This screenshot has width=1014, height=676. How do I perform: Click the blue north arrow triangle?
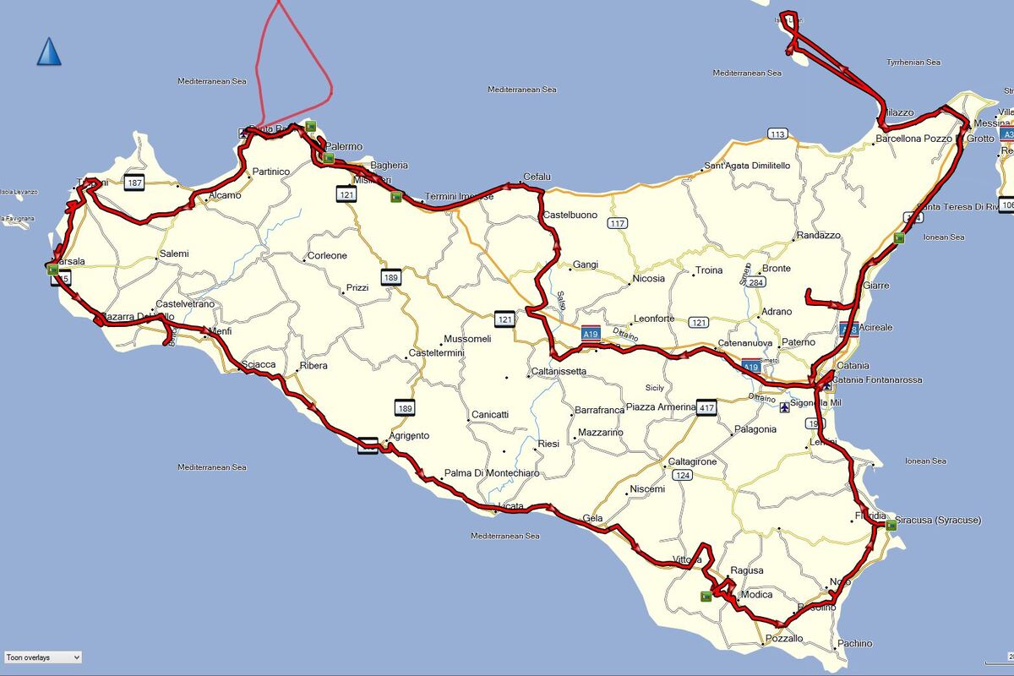pos(49,52)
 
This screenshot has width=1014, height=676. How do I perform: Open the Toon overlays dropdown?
pos(42,657)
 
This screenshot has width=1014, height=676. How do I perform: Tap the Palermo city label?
pos(344,147)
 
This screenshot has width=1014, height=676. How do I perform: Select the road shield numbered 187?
pos(134,182)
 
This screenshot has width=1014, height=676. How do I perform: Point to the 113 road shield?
pos(777,134)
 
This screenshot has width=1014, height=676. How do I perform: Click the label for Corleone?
pos(327,256)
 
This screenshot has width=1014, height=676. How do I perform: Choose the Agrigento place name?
pos(409,436)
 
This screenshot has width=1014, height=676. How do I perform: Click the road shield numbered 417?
pos(706,408)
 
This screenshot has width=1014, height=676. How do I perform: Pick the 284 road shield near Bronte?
pos(755,281)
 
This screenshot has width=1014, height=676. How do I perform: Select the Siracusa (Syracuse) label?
pos(938,521)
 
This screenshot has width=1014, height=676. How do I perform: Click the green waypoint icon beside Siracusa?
pos(891,525)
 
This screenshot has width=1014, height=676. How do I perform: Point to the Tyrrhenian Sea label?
pos(913,63)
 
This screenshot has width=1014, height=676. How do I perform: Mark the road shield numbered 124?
pos(683,476)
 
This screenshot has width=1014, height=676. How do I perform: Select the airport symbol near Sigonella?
pos(786,408)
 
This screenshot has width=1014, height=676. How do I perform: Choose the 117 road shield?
pos(618,223)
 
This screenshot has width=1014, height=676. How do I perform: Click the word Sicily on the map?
pos(655,388)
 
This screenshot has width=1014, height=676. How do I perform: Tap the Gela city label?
pos(591,518)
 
